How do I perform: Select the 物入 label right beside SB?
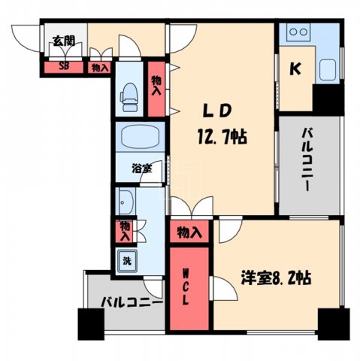99,68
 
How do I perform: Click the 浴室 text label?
142,168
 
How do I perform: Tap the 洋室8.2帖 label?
275,277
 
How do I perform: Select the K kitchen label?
295,68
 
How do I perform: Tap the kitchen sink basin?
330,70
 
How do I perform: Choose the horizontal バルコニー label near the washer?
131,304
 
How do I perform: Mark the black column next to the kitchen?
328,99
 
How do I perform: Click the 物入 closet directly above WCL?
189,233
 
